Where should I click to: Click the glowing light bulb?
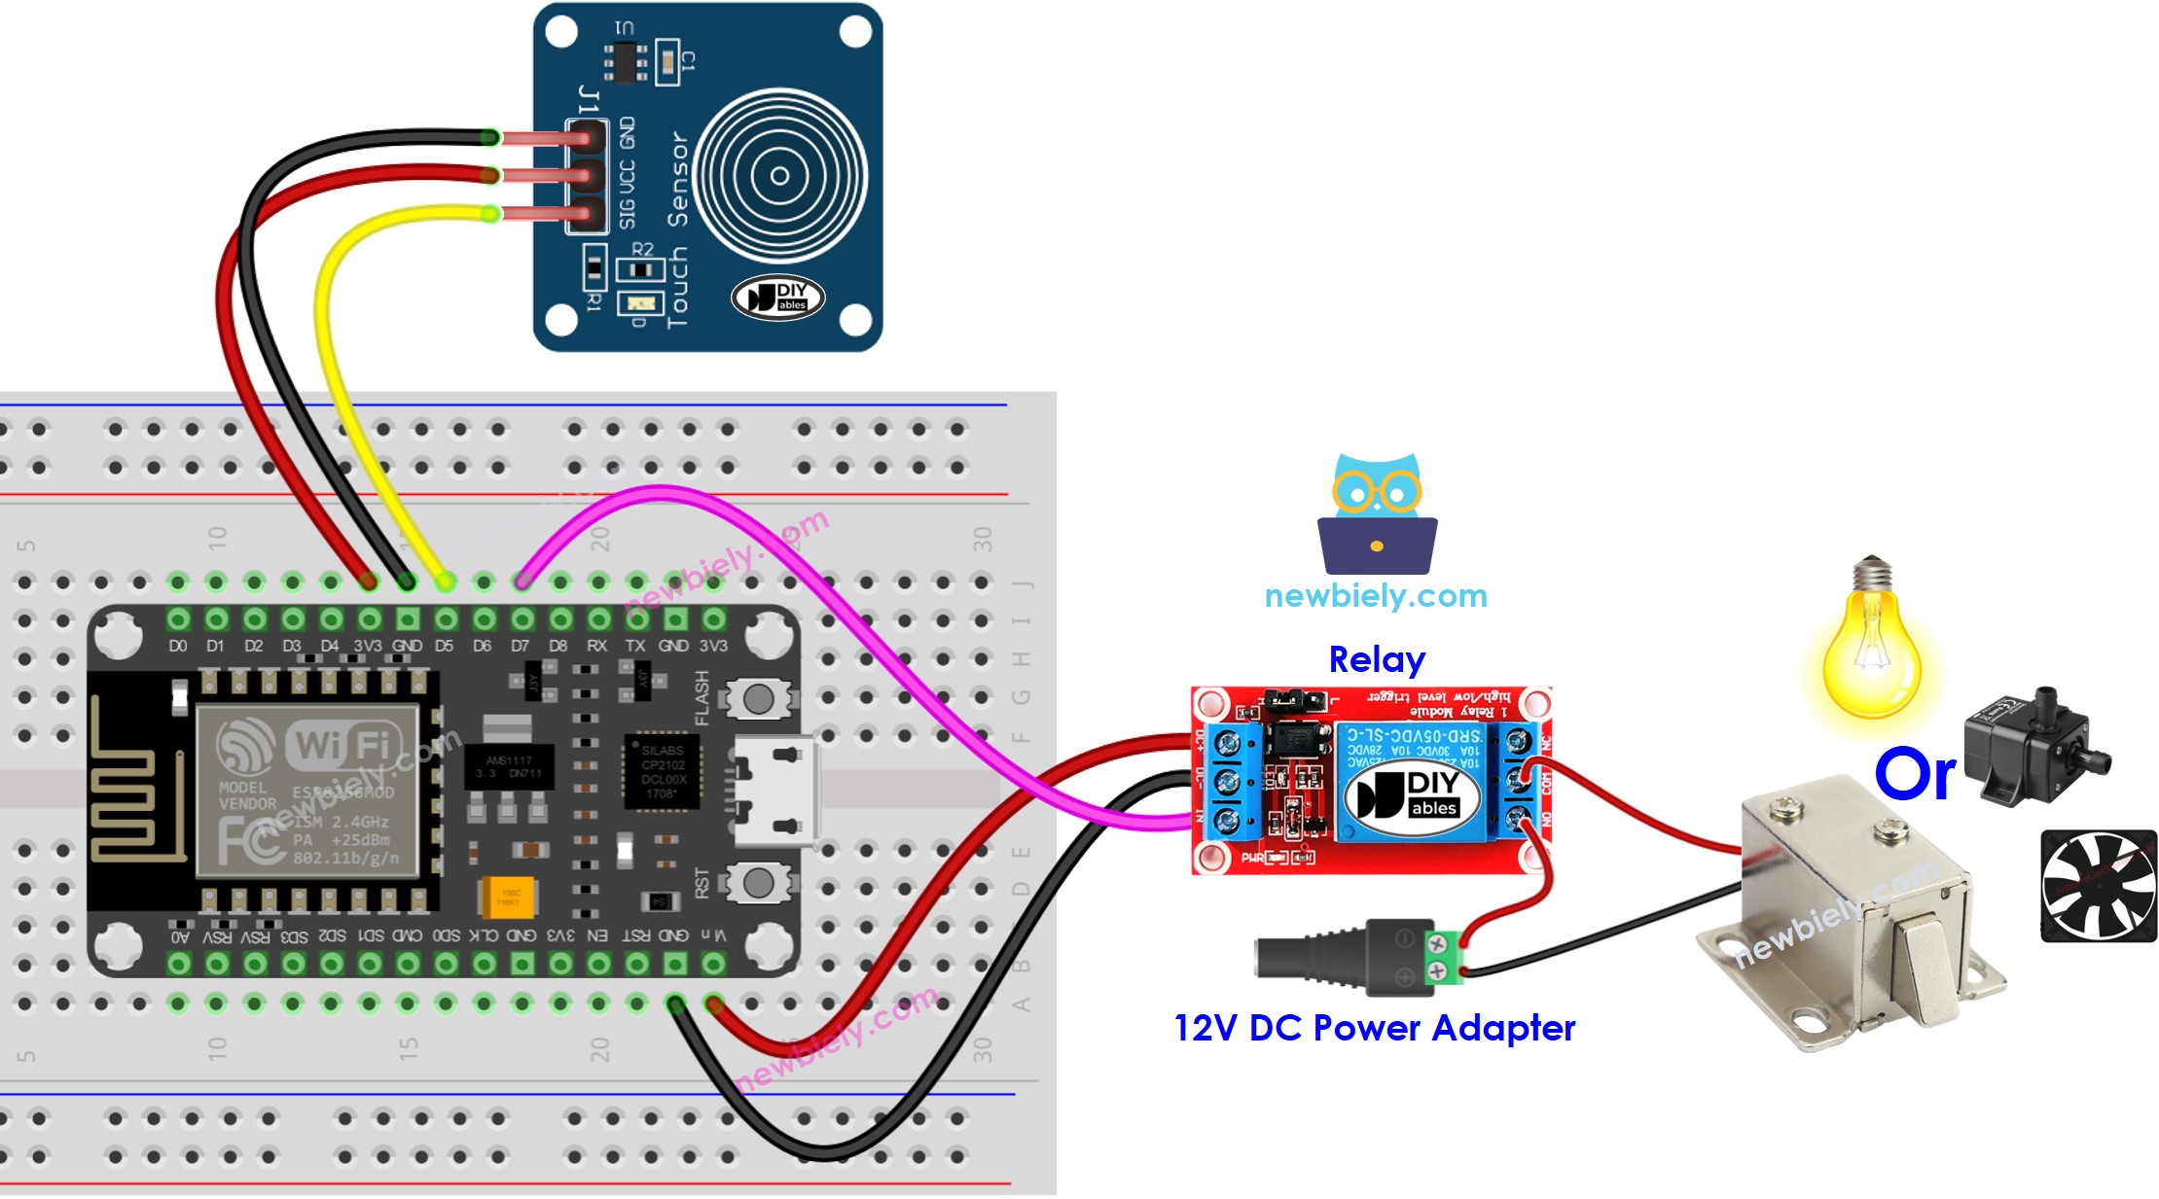point(1870,647)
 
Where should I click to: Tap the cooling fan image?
point(2098,885)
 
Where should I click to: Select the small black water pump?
point(2032,746)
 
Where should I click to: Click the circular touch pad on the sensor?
point(779,176)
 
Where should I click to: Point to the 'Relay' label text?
point(1376,659)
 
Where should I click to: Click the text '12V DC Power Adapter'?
point(1374,1028)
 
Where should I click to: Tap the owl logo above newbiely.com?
point(1377,514)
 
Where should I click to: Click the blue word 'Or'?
point(1914,775)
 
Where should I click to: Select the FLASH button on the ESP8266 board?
point(757,698)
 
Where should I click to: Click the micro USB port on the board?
point(774,791)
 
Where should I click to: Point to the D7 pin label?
point(521,646)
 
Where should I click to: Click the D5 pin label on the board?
point(445,646)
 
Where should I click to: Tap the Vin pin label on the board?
point(714,935)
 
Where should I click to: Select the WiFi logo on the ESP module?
point(342,746)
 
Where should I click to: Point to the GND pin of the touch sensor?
point(587,138)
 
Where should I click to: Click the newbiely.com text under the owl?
point(1376,595)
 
